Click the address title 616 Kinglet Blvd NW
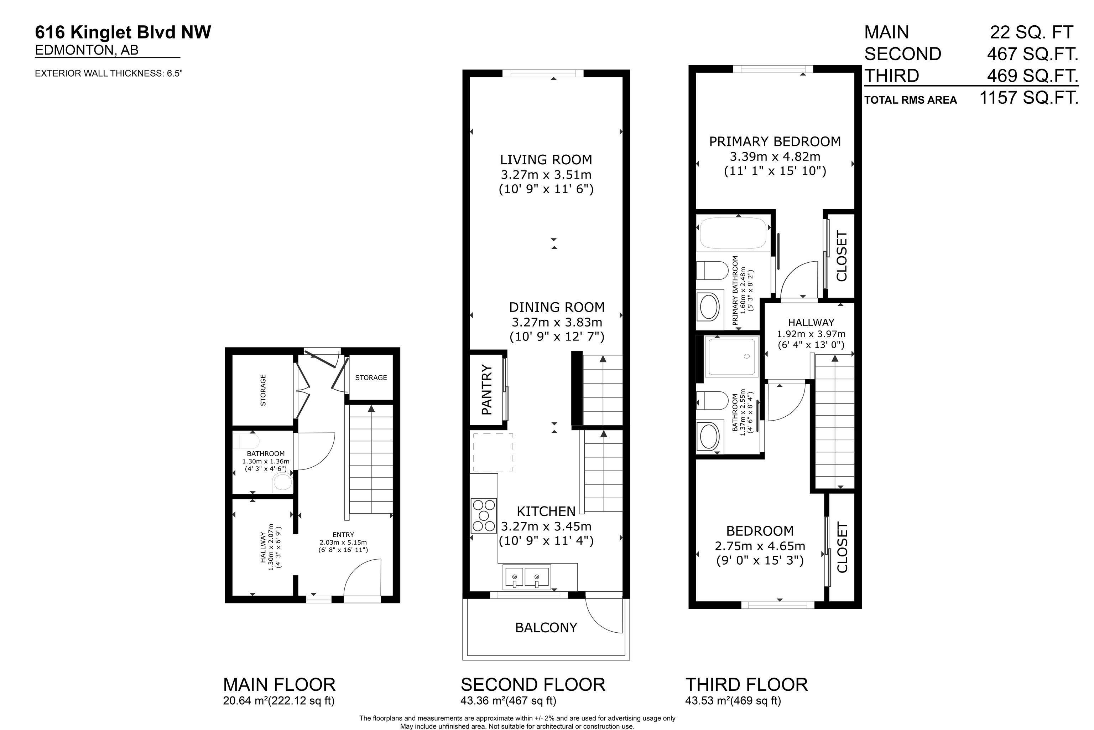(x=123, y=32)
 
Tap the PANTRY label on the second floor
(x=486, y=389)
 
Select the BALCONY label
(x=546, y=628)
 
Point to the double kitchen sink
(x=527, y=576)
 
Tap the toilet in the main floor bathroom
(x=282, y=483)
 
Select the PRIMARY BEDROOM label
(x=775, y=142)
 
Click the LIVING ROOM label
(x=546, y=160)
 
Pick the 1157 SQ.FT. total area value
(x=1029, y=98)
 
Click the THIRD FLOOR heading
(x=746, y=684)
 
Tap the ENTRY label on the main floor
(x=343, y=534)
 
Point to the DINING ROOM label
(x=557, y=307)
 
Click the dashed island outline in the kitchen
(x=493, y=453)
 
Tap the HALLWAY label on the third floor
(x=811, y=322)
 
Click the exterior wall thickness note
(x=108, y=73)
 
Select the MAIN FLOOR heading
(x=279, y=684)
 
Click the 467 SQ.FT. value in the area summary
(x=1033, y=54)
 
